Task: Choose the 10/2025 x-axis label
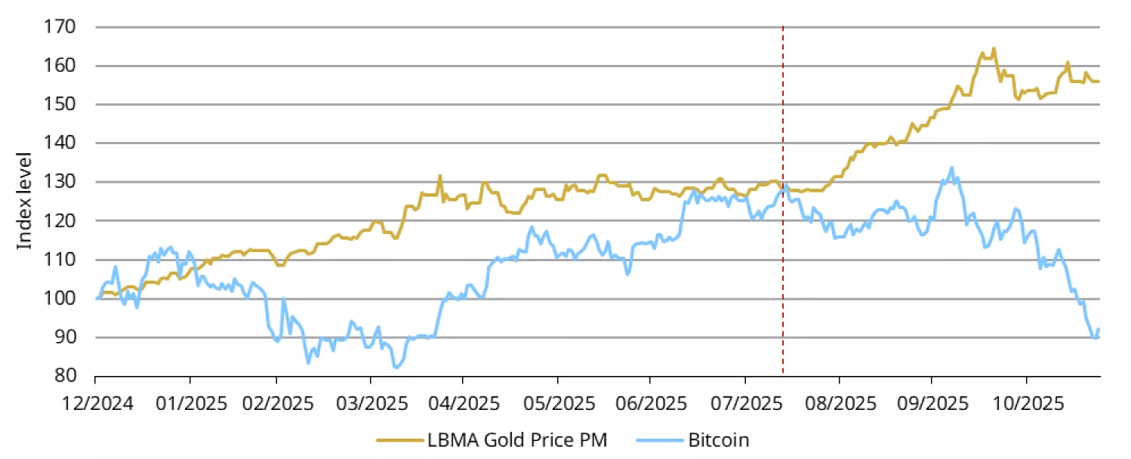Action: click(1025, 402)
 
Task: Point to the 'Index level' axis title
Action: click(26, 201)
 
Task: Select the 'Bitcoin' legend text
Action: click(718, 440)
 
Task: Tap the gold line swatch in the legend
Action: click(399, 440)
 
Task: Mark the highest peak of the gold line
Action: click(994, 49)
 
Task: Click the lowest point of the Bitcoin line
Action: click(396, 368)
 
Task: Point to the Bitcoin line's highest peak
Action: click(951, 168)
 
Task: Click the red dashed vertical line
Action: click(783, 226)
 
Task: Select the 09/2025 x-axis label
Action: click(931, 402)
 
